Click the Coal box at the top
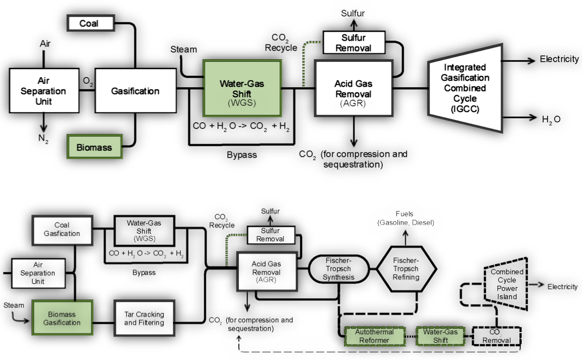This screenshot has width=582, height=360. tap(90, 23)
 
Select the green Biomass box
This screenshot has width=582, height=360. tap(94, 147)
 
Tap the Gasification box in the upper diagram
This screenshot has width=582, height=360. tap(135, 91)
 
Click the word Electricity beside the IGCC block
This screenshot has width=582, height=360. tap(558, 59)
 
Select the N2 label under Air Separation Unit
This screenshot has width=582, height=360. tap(43, 139)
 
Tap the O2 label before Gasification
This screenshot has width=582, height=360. tap(88, 80)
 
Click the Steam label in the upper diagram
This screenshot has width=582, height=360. tap(183, 49)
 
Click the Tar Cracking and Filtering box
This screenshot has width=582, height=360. tap(144, 318)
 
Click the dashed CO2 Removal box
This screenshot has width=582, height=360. tap(497, 336)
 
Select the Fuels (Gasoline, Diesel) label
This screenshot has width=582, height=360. tap(406, 219)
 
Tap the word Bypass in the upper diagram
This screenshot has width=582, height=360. tap(241, 155)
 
